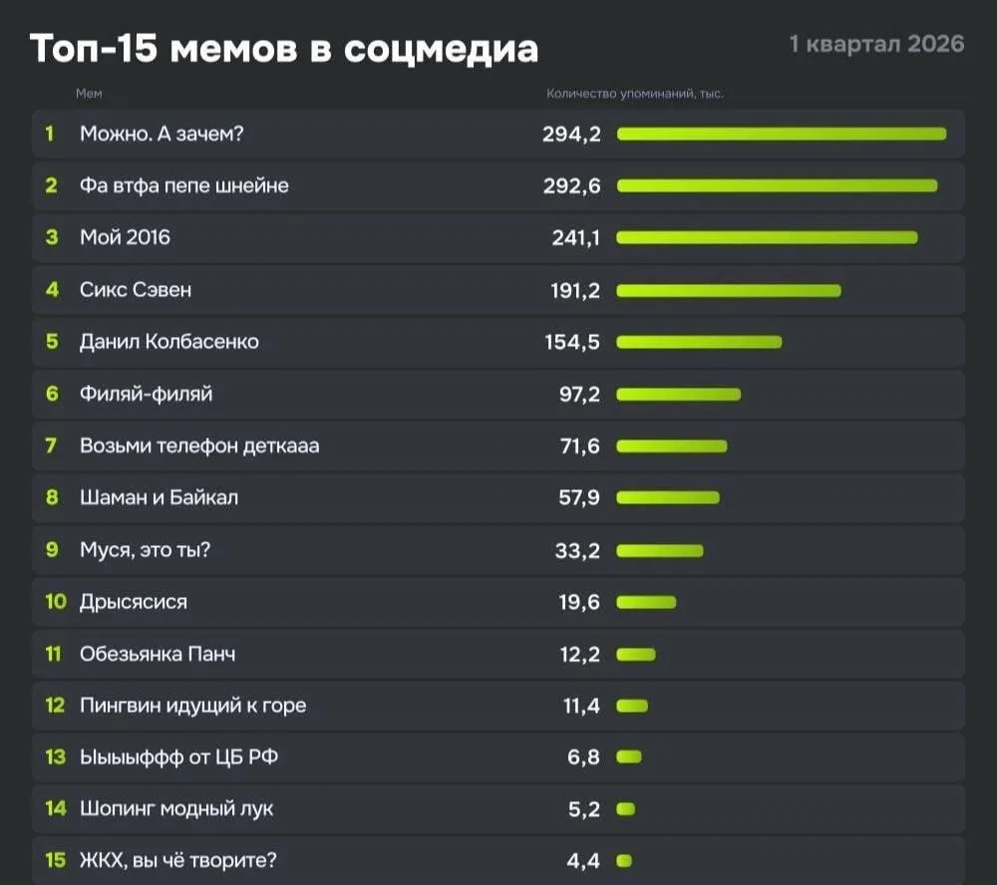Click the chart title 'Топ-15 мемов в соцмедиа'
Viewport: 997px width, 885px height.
tap(283, 48)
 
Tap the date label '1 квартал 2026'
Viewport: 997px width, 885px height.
tap(876, 44)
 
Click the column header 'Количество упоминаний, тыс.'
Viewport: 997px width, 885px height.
tap(635, 94)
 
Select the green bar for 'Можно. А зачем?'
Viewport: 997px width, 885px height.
tap(781, 134)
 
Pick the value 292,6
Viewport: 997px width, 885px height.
tap(571, 185)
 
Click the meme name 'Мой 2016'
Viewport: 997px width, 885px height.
tap(125, 237)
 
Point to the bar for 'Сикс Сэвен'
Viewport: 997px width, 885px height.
tap(729, 290)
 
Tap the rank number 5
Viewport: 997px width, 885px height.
tap(52, 342)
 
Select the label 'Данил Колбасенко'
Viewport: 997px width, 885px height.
tap(168, 342)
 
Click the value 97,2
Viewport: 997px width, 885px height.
tap(579, 394)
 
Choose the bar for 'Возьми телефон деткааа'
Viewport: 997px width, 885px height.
tap(672, 446)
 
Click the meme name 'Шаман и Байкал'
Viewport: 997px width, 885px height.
tap(159, 497)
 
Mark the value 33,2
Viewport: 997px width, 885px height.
tap(577, 550)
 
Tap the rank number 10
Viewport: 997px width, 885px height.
tap(56, 602)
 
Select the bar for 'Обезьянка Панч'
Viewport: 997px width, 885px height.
tap(636, 654)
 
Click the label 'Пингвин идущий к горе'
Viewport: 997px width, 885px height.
tap(192, 706)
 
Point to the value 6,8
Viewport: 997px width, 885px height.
tap(584, 757)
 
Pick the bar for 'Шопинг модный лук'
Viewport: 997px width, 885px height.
tap(625, 809)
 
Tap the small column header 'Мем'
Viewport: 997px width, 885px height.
tap(89, 94)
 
